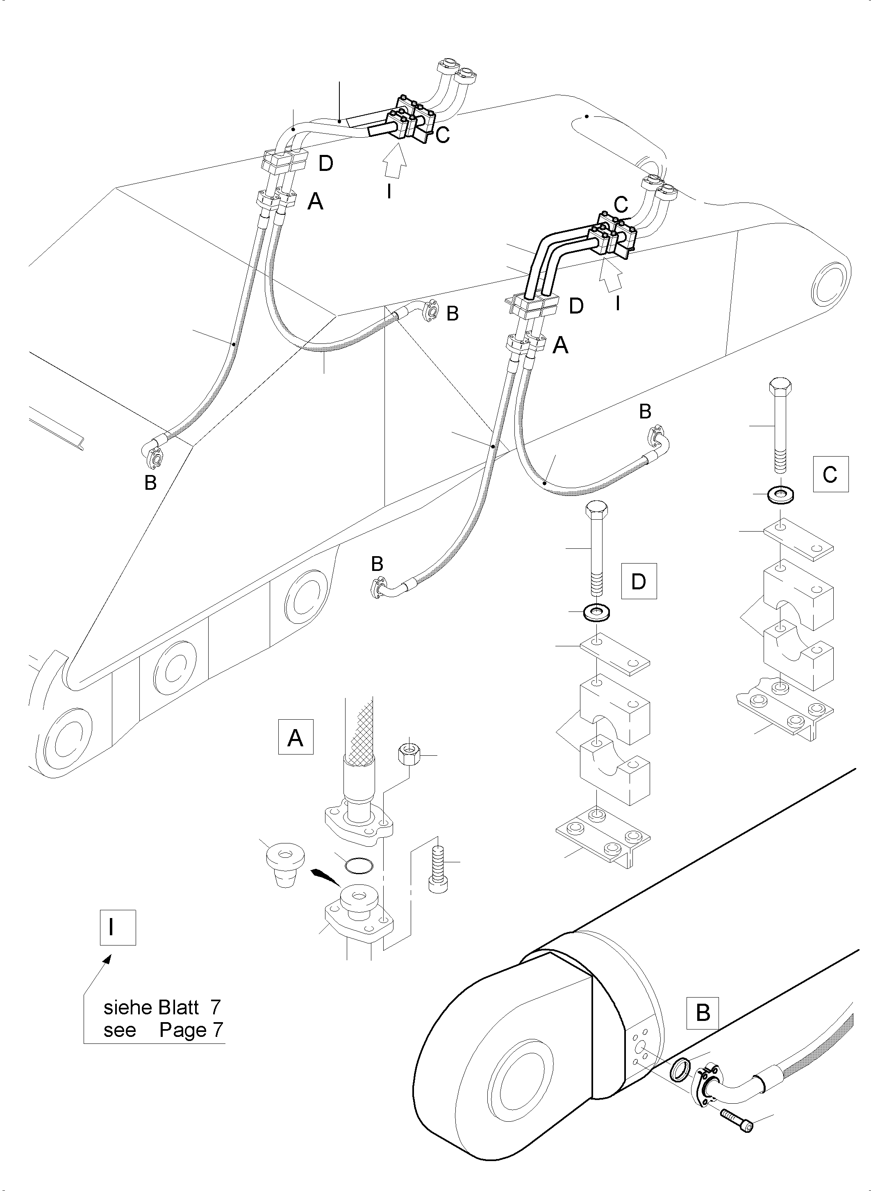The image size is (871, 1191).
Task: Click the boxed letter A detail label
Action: [x=295, y=736]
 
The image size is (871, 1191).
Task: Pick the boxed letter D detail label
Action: [x=639, y=581]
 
